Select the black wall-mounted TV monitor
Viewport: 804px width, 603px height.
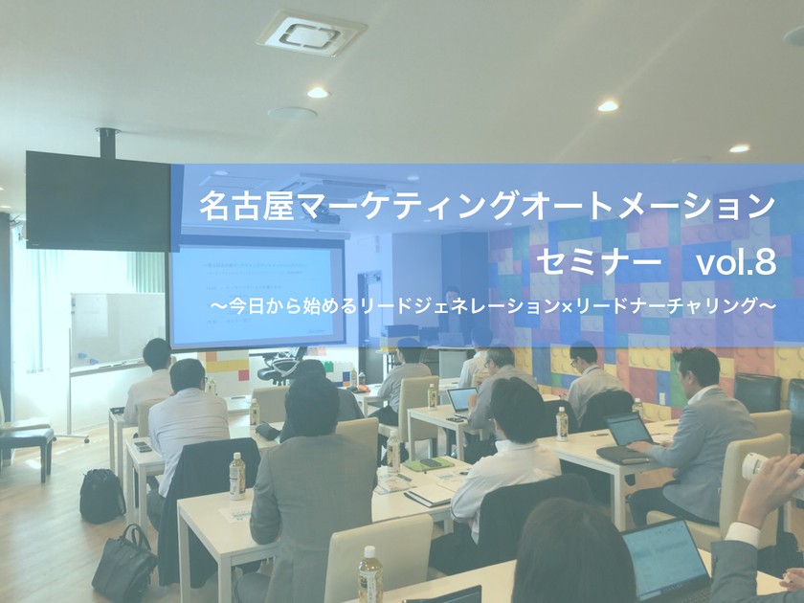[x=97, y=201]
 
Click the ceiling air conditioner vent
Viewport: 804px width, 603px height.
[x=310, y=33]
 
